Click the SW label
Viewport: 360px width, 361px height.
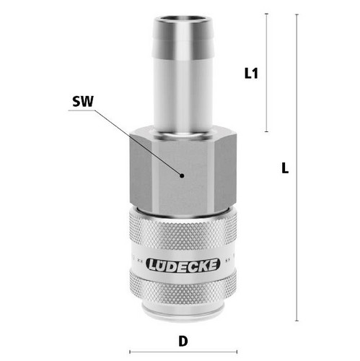(83, 102)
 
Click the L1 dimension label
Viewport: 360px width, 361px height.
(251, 74)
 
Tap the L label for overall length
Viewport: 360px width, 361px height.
(285, 168)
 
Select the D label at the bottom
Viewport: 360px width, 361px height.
(183, 341)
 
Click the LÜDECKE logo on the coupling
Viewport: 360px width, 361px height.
(183, 265)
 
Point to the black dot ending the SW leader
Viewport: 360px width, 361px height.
(182, 175)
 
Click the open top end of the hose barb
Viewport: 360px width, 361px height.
(183, 19)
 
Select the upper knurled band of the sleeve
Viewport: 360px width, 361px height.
(183, 231)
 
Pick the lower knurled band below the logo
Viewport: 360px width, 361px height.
(183, 290)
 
